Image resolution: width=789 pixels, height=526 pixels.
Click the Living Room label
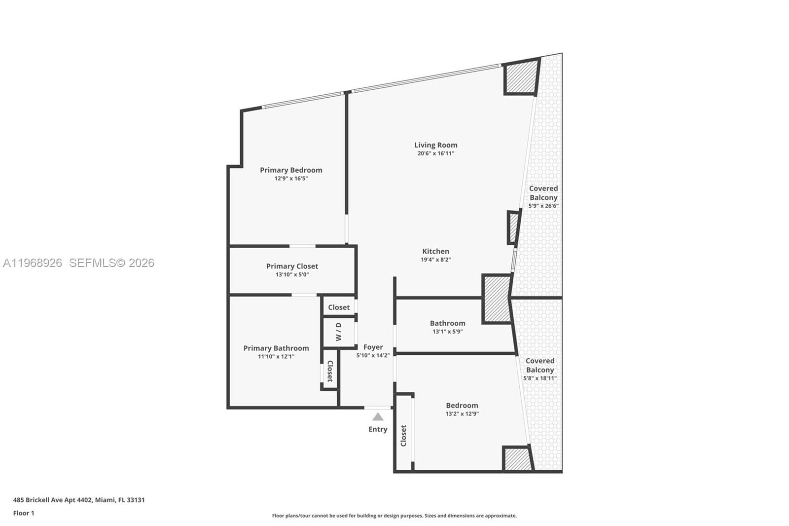point(435,145)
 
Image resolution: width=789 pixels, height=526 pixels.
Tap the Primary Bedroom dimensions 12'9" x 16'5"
point(291,179)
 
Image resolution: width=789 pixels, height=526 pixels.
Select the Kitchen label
point(435,251)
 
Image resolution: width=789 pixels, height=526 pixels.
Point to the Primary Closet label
point(292,266)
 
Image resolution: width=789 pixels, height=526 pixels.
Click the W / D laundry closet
point(339,332)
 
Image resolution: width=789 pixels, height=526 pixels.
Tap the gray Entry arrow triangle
point(378,417)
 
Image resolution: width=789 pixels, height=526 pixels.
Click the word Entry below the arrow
point(378,429)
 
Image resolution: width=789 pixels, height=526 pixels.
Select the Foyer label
point(373,347)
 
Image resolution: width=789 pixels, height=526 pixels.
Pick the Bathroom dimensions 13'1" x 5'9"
point(447,332)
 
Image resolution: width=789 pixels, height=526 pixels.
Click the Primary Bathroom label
point(276,348)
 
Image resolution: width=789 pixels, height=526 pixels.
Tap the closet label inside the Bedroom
point(403,436)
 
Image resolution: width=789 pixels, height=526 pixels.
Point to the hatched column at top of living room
point(521,76)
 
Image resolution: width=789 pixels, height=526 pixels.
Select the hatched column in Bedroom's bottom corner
point(517,459)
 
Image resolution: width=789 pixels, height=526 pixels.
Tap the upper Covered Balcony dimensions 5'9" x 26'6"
point(543,206)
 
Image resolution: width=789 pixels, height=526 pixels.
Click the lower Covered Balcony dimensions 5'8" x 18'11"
point(539,378)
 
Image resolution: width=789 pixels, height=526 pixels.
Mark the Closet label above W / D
point(339,307)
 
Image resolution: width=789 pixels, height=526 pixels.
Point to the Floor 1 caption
point(24,513)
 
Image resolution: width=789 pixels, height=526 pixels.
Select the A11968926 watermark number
point(33,263)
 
